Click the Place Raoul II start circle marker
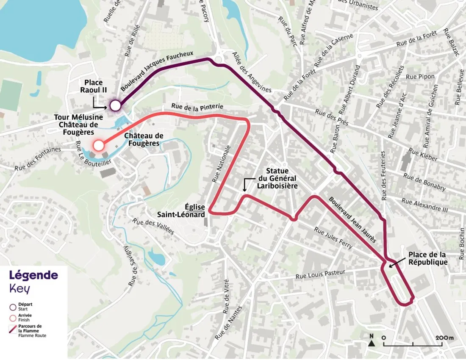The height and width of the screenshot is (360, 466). [115, 105]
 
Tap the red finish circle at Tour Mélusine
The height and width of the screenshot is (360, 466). [98, 146]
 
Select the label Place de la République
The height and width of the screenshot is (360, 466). [427, 258]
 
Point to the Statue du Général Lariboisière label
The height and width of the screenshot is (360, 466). [277, 178]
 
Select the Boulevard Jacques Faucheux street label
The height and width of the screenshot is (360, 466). [157, 71]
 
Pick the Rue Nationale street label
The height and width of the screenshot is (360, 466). [221, 164]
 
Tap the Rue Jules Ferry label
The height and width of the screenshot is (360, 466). [333, 238]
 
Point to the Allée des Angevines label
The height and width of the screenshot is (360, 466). [252, 72]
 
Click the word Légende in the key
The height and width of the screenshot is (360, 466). [33, 275]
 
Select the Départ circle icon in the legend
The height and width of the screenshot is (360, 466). [13, 307]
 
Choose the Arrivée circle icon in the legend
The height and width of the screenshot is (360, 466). [13, 318]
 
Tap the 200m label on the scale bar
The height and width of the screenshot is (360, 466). [444, 338]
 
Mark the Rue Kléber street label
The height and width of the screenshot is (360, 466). [423, 155]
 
